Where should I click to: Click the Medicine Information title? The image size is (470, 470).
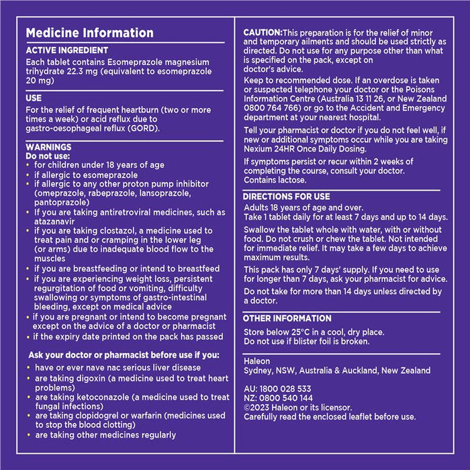pos(89,33)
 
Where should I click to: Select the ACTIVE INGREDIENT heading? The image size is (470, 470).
pos(67,50)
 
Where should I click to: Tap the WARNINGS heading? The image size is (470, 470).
pos(48,146)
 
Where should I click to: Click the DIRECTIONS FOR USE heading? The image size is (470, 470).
pos(287,197)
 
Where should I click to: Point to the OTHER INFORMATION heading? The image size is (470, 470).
pos(287,318)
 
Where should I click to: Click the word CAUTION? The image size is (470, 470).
pos(263,32)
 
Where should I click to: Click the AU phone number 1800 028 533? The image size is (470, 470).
pos(285,389)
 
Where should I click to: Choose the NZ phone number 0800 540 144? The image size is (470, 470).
pos(286,398)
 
